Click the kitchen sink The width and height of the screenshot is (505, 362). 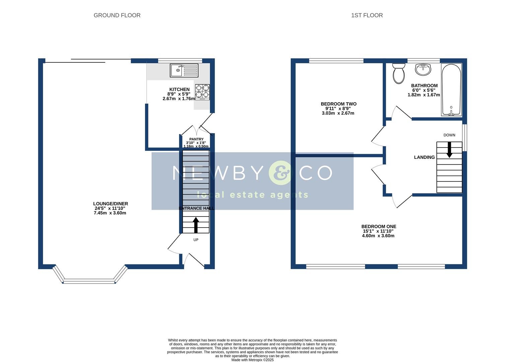pos(184,70)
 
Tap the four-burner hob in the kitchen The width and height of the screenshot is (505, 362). pos(203,92)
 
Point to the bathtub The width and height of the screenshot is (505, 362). pos(451,90)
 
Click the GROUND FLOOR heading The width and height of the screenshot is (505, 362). pos(117,15)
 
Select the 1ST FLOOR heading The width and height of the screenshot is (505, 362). pos(367,15)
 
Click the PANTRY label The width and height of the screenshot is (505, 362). pos(196,139)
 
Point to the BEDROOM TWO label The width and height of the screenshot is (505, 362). pos(339,104)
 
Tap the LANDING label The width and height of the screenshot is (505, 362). pos(424,157)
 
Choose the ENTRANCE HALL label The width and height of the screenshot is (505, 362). pos(196,208)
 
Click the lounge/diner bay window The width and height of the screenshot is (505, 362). pos(89,281)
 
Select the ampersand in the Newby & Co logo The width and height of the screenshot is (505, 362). pos(281,173)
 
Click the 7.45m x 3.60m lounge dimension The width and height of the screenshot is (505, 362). pos(110,213)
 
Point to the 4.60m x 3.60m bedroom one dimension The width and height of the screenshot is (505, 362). pos(378,236)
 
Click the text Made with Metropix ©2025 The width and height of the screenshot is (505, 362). pos(252,360)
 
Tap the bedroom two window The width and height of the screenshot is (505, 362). pos(336,61)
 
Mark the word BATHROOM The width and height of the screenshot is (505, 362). pos(424,85)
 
